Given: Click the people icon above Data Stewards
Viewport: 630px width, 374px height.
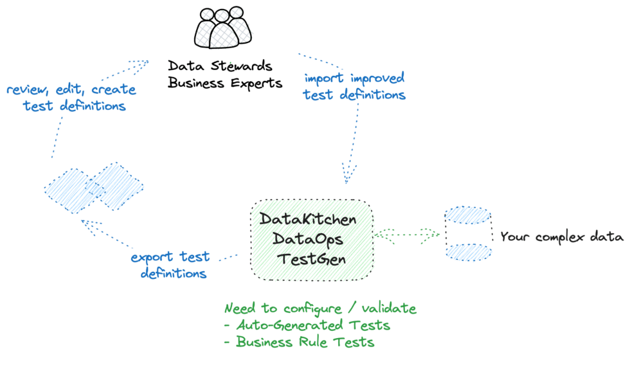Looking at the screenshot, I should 222,28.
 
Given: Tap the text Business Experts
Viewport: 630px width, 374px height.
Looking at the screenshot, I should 224,84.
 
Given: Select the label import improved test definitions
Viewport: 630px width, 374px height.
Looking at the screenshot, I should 354,86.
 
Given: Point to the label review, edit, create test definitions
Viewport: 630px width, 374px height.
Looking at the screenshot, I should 65,98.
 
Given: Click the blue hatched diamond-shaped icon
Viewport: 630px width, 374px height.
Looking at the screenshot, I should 94,187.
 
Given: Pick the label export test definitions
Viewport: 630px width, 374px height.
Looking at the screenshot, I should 170,265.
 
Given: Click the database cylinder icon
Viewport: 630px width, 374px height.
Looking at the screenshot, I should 467,235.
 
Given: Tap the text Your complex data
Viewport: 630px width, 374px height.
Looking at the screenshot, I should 561,236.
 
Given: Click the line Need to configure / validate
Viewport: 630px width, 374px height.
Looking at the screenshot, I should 319,309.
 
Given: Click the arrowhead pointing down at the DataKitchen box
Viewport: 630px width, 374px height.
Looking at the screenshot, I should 348,174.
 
